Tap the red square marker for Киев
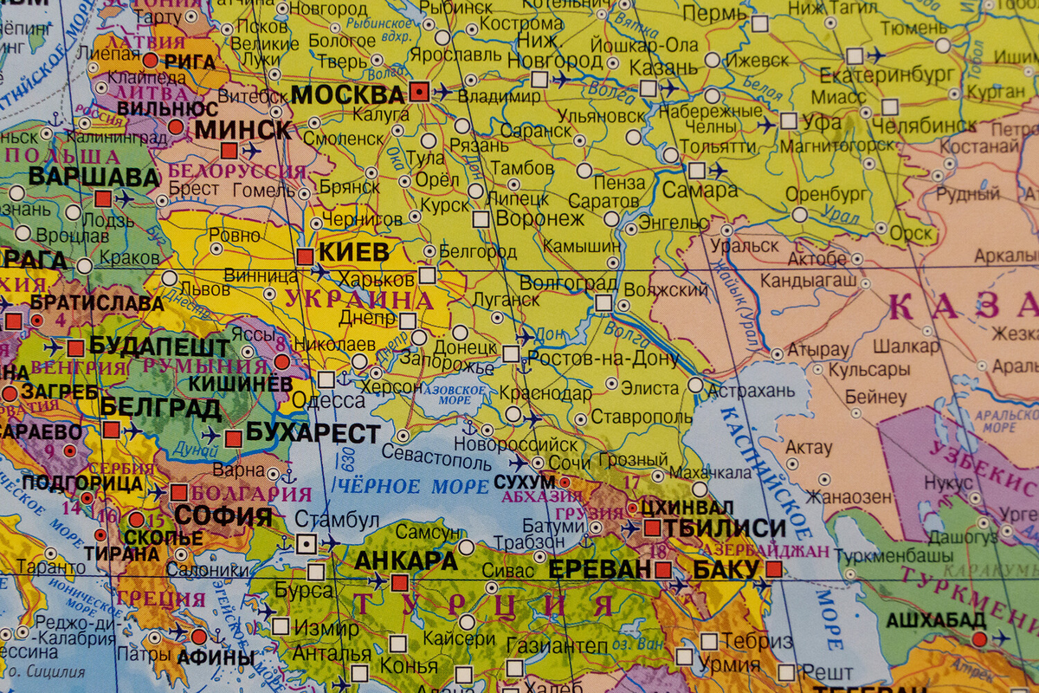point(305,256)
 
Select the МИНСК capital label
point(243,130)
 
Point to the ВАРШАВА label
point(94,178)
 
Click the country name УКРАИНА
point(358,301)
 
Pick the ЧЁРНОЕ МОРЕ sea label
point(412,486)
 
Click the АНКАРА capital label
point(406,560)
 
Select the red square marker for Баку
point(773,569)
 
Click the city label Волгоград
point(568,283)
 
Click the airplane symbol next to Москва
point(443,91)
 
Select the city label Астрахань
point(751,391)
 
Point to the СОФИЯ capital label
point(223,516)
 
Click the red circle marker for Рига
point(150,61)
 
